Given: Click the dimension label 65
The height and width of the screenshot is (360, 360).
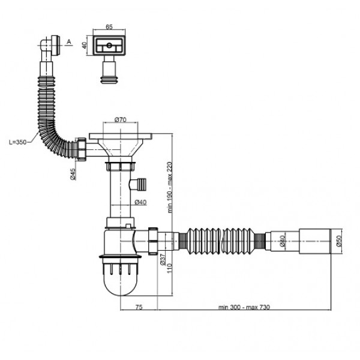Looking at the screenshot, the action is [109, 27].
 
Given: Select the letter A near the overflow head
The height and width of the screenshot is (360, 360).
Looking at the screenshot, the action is [69, 42].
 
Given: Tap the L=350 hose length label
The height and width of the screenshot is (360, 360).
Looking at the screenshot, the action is [17, 142].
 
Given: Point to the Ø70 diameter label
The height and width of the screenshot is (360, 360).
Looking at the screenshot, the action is [121, 119].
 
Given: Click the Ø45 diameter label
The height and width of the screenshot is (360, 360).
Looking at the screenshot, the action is [73, 174].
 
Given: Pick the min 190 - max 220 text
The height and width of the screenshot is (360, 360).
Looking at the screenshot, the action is [170, 187].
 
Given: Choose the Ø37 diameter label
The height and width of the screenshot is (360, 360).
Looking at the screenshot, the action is [163, 260].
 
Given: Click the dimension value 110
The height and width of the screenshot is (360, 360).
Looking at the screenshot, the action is [169, 268].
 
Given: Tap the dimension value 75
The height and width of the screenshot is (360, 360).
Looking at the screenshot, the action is [139, 307].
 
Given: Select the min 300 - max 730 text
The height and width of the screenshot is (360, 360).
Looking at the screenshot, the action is [244, 307].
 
